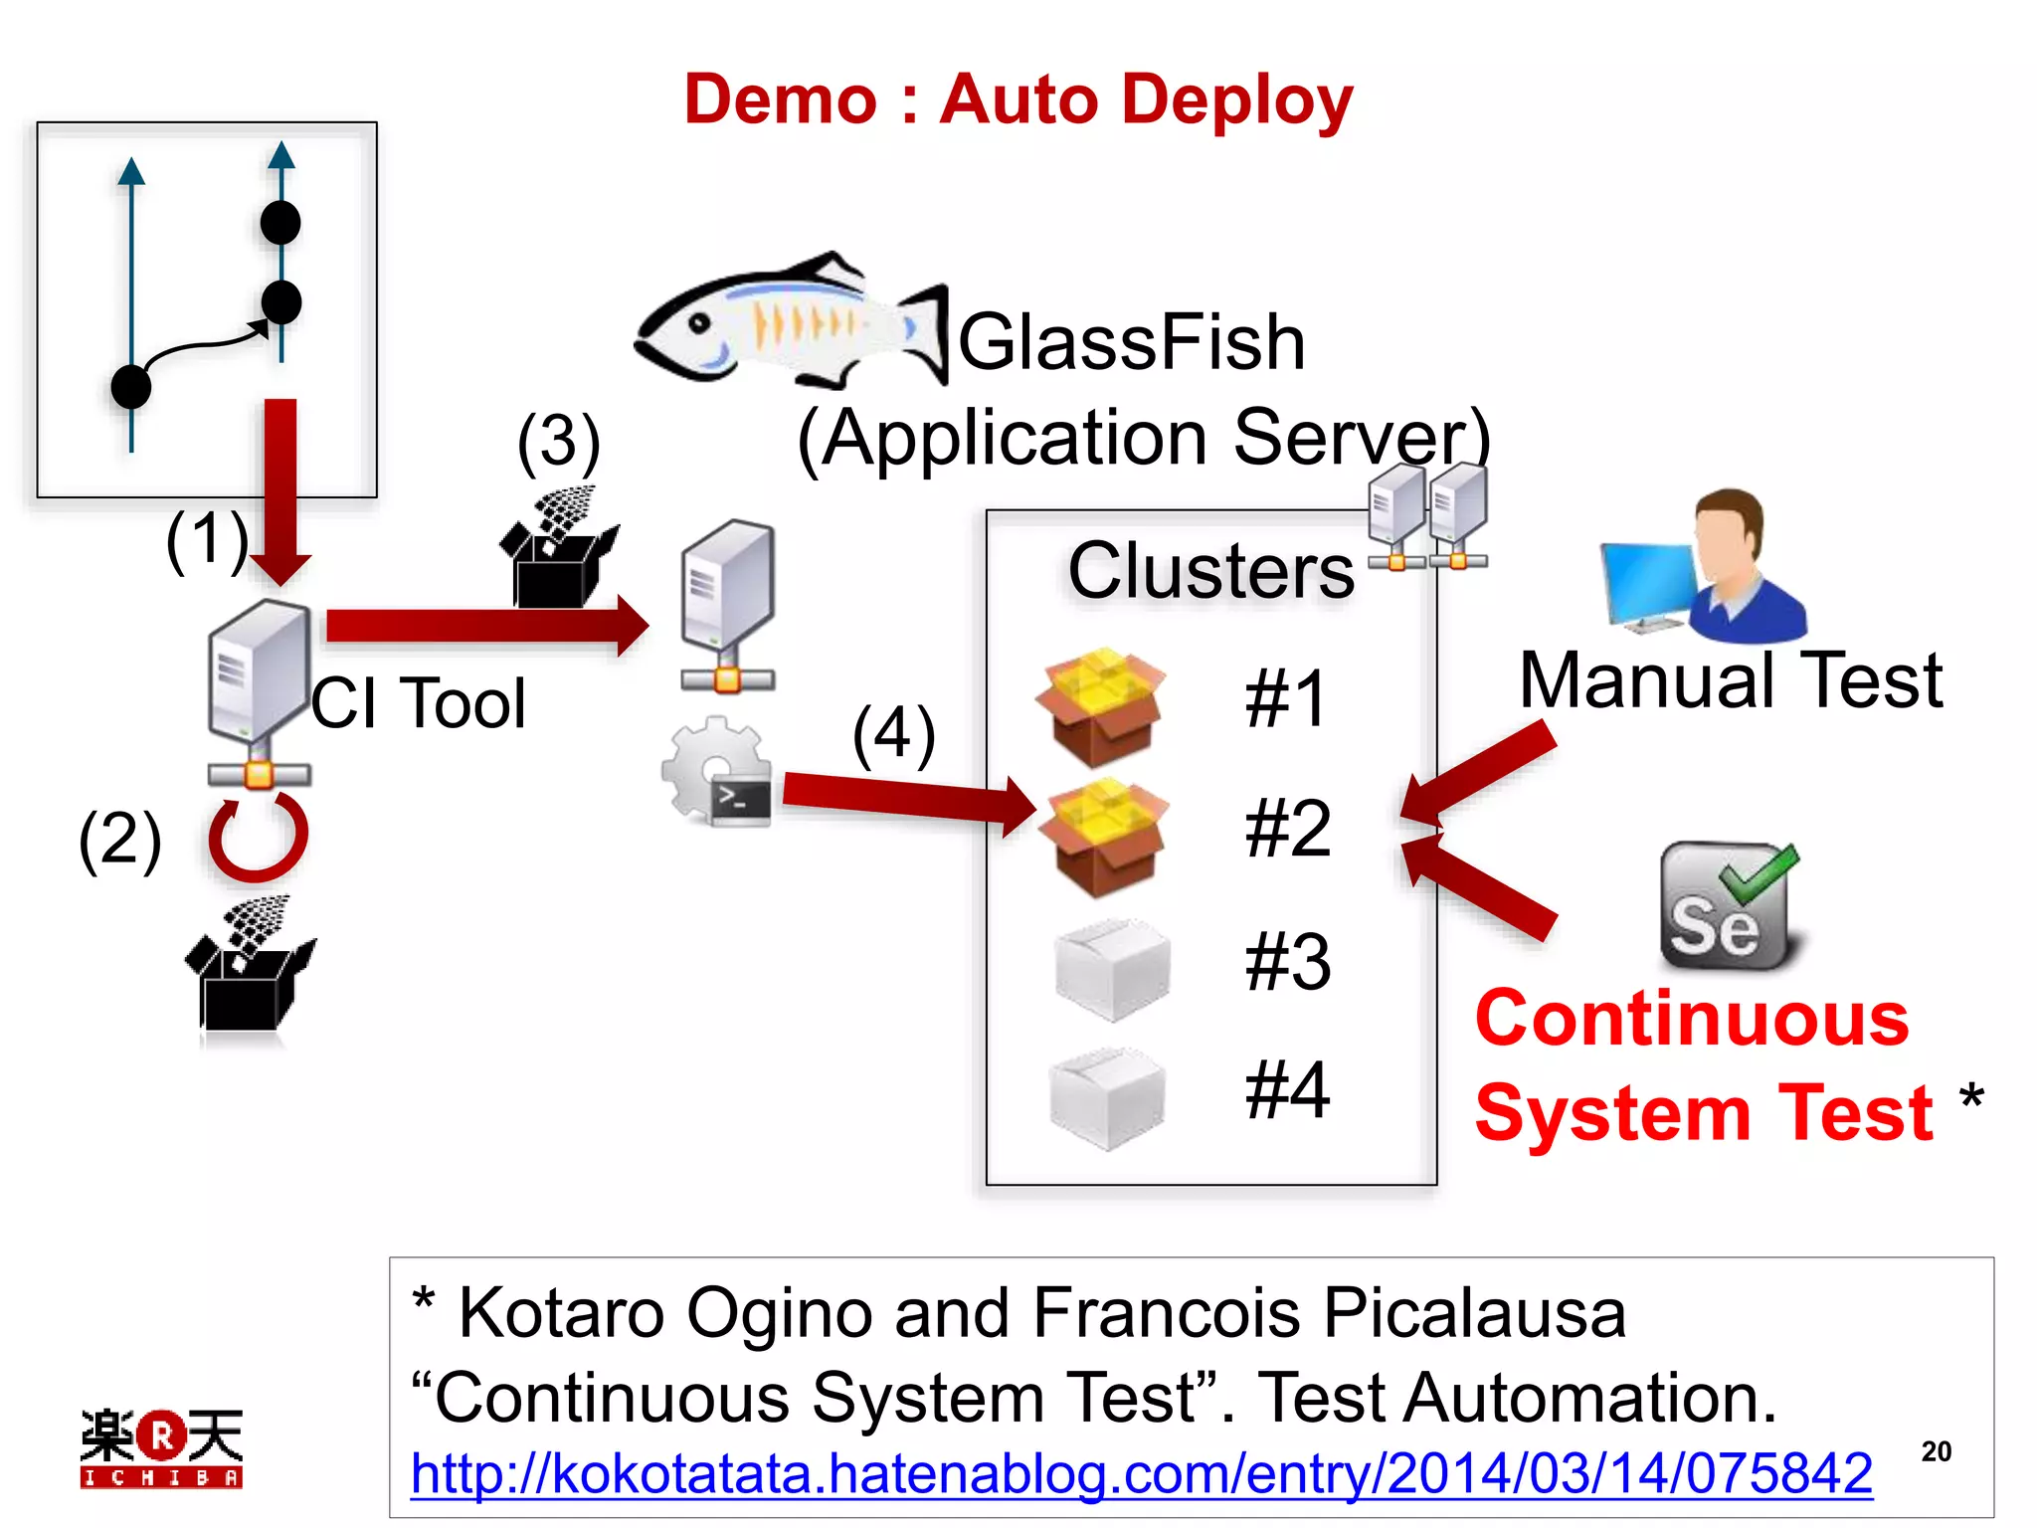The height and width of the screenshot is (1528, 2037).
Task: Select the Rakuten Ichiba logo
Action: [x=161, y=1447]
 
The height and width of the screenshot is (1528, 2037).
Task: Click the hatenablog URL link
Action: [x=1141, y=1473]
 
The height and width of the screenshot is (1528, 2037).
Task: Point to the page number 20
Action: [x=1936, y=1451]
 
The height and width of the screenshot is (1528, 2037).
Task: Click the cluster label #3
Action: [x=1287, y=962]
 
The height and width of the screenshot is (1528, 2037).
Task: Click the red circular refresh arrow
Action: [x=258, y=836]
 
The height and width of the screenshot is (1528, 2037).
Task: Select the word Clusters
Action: [x=1210, y=571]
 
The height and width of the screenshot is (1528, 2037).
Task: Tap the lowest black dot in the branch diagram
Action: [x=131, y=386]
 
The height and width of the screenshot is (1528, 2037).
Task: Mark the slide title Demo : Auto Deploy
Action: [x=1018, y=99]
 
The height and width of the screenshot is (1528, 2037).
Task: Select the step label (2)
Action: [x=119, y=841]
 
